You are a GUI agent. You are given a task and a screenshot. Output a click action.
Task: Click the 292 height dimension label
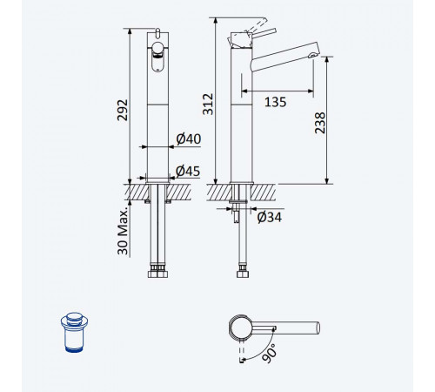coord(123,110)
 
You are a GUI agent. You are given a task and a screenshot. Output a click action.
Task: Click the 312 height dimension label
coord(208,105)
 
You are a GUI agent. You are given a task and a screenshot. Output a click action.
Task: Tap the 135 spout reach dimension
coord(275,102)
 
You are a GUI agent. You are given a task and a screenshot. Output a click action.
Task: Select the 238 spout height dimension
coord(320,123)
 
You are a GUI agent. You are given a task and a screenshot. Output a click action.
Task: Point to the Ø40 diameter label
coord(189,139)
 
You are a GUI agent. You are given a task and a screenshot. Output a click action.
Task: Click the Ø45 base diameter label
coord(188,171)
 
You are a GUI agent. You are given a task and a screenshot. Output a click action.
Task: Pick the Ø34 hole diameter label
coord(270,217)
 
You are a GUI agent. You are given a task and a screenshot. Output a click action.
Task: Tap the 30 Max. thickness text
coord(123,231)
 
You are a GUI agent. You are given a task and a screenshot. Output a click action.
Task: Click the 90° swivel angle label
coord(269,353)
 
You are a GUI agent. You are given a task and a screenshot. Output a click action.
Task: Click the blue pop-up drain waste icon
coord(75,332)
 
